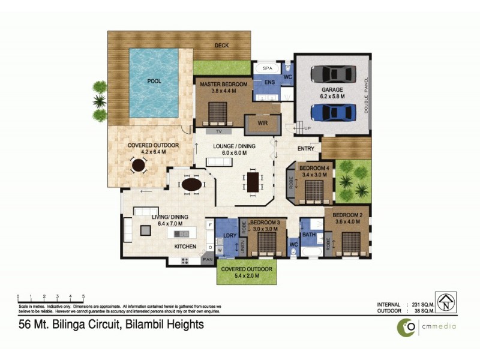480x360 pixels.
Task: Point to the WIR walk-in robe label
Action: pyautogui.click(x=262, y=123)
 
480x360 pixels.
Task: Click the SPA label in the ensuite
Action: pyautogui.click(x=268, y=69)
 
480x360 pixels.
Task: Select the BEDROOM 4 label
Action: pyautogui.click(x=314, y=168)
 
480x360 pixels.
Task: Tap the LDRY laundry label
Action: pyautogui.click(x=228, y=235)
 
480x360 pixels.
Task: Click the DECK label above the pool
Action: pyautogui.click(x=221, y=46)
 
